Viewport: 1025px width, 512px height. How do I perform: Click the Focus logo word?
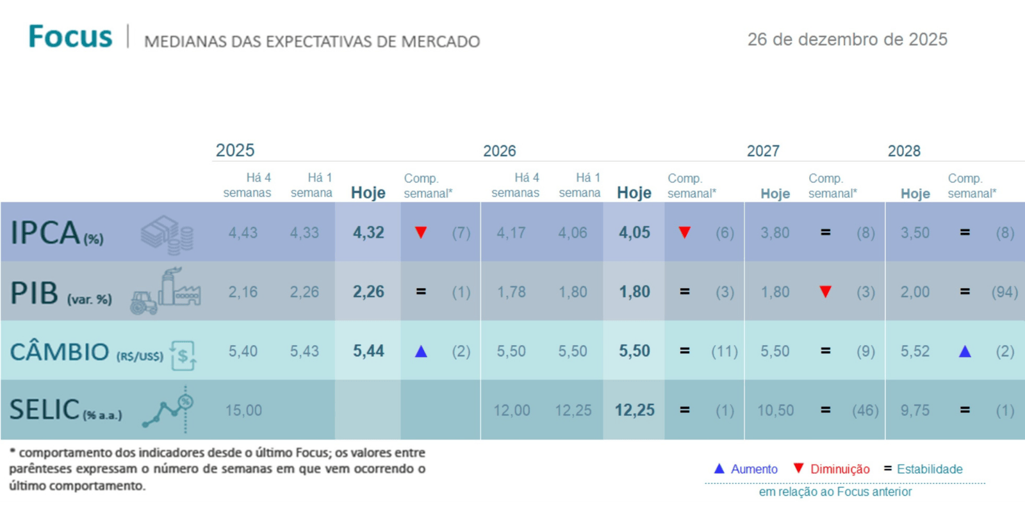(70, 36)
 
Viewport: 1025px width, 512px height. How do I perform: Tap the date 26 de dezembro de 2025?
(847, 40)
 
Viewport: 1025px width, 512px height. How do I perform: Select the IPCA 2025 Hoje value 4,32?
(368, 232)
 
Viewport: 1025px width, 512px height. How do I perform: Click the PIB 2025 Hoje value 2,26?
(368, 292)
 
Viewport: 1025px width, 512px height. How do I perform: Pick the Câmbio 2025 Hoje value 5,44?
(368, 351)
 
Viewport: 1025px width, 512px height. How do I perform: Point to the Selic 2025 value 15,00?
(243, 410)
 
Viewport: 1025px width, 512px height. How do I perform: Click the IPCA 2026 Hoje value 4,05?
(634, 232)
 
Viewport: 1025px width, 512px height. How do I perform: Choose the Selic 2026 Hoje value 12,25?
(634, 410)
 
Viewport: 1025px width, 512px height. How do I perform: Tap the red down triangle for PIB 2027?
(826, 292)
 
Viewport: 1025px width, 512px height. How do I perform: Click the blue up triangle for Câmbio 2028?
(965, 351)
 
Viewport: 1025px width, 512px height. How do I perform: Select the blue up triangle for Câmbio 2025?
(421, 351)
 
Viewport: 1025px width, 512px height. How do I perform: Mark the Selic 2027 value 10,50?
(775, 410)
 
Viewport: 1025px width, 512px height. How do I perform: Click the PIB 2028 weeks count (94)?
(1004, 292)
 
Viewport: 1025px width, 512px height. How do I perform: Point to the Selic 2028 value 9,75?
(915, 410)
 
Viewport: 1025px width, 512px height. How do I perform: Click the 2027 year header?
(763, 151)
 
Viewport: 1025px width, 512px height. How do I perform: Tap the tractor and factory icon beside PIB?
(166, 292)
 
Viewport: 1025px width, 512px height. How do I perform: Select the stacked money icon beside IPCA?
(167, 234)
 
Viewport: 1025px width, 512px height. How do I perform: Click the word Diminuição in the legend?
(840, 469)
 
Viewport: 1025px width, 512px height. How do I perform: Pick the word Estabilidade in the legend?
(930, 469)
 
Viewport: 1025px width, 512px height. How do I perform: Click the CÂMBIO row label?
(60, 352)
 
